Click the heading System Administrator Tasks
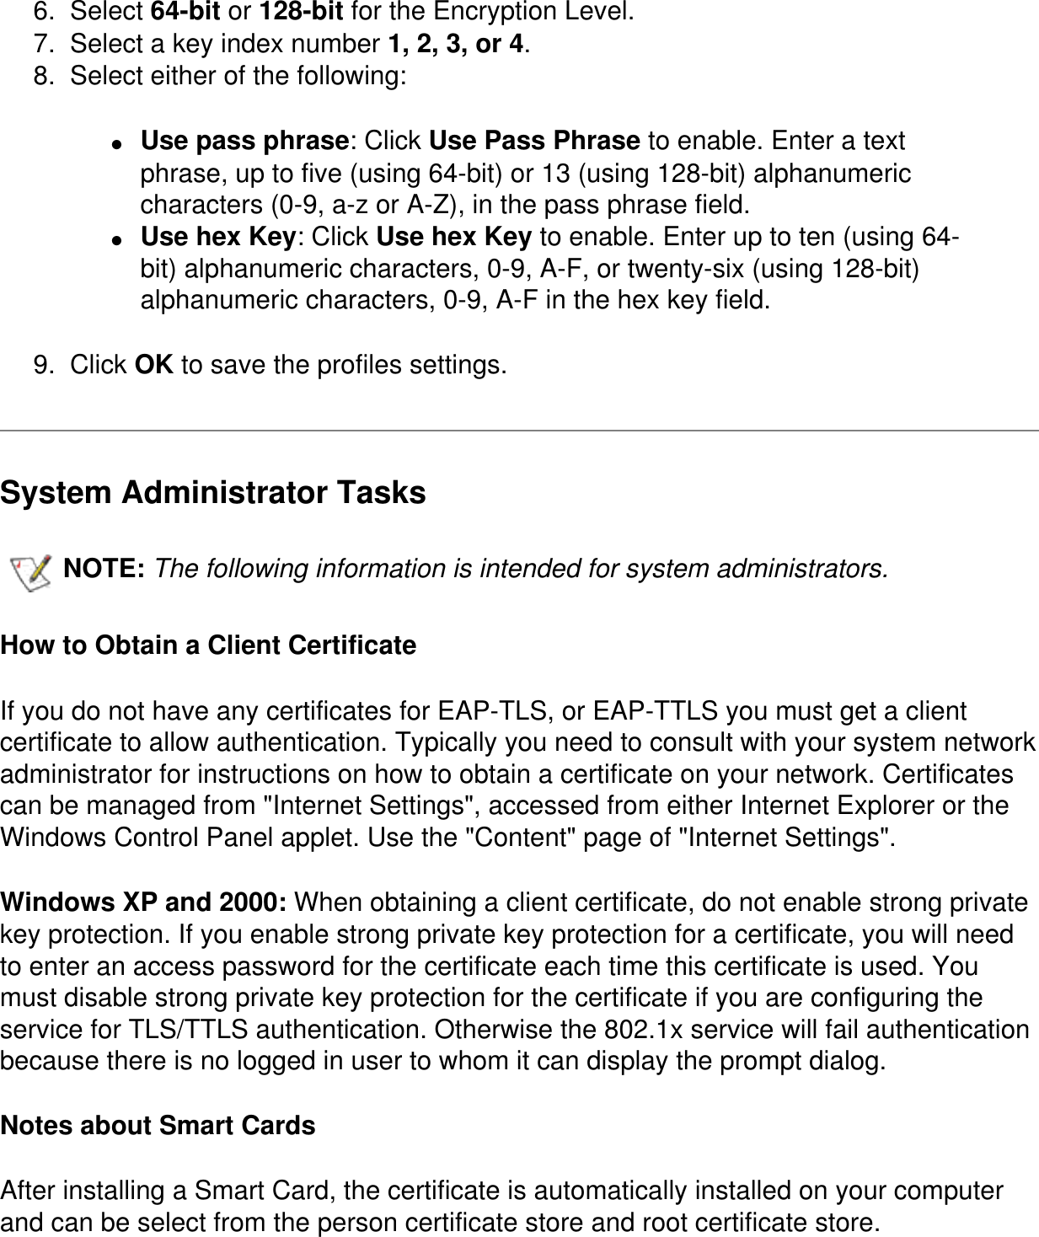click(213, 493)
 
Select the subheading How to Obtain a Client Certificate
click(208, 645)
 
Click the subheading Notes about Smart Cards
click(158, 1126)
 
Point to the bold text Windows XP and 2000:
click(144, 902)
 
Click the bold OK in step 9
click(154, 365)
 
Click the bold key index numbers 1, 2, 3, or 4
click(455, 44)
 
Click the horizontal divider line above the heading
click(519, 431)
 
